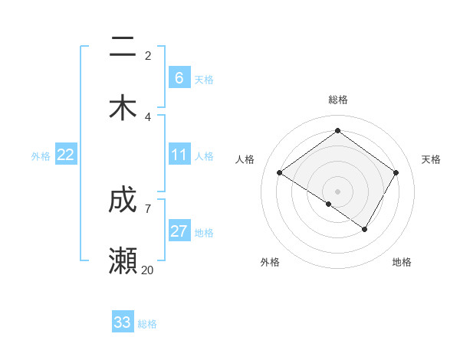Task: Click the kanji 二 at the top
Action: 123,48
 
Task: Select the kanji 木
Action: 123,108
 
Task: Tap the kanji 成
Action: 123,201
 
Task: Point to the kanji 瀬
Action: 123,261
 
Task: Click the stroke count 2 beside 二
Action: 148,55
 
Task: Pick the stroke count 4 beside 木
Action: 148,116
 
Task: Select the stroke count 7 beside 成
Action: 148,208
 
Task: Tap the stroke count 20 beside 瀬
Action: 148,270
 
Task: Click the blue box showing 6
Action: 179,77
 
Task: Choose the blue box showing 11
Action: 179,155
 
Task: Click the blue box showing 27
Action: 179,231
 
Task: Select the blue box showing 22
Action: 66,155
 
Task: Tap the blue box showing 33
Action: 123,322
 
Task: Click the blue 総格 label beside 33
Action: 147,324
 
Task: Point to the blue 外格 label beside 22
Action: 41,156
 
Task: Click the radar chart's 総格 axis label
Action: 338,100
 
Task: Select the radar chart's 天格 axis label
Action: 432,159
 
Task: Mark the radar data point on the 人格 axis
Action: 280,173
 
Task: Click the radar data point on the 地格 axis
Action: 365,229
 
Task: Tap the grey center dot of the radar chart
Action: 337,191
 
